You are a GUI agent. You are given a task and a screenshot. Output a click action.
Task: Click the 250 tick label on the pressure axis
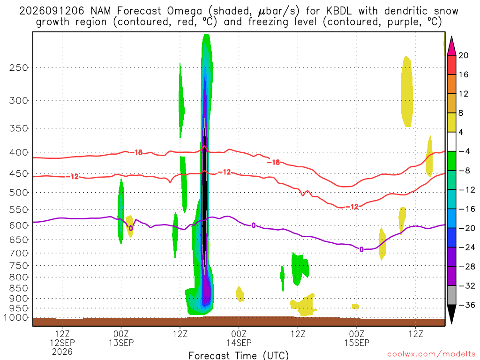coord(19,67)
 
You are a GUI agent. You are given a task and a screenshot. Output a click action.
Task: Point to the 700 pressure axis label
coord(19,253)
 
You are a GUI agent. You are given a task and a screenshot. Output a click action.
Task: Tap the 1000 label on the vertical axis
coord(16,318)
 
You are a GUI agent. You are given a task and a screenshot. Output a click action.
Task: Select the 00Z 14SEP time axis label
coord(239,338)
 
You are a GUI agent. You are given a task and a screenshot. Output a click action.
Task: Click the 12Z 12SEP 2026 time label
coord(62,343)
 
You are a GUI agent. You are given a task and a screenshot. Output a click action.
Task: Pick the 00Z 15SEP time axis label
coord(357,338)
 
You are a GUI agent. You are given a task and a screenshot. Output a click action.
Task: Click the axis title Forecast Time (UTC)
coord(239,355)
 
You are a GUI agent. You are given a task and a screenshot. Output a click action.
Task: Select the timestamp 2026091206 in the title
coord(52,11)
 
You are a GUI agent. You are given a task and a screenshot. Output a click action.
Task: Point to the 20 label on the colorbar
coord(464,55)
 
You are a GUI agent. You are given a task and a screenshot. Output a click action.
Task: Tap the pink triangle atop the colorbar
coord(451,46)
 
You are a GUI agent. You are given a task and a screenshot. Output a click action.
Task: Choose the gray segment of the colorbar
coord(451,295)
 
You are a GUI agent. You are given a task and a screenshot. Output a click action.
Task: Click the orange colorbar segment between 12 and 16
coord(451,84)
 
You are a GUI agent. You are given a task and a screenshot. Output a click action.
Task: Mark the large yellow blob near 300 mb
coord(407,91)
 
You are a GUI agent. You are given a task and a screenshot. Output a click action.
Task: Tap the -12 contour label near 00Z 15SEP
coord(352,207)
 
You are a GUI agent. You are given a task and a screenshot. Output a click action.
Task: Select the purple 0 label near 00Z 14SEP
coord(254,225)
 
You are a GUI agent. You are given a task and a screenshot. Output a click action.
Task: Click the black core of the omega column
coord(204,193)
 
